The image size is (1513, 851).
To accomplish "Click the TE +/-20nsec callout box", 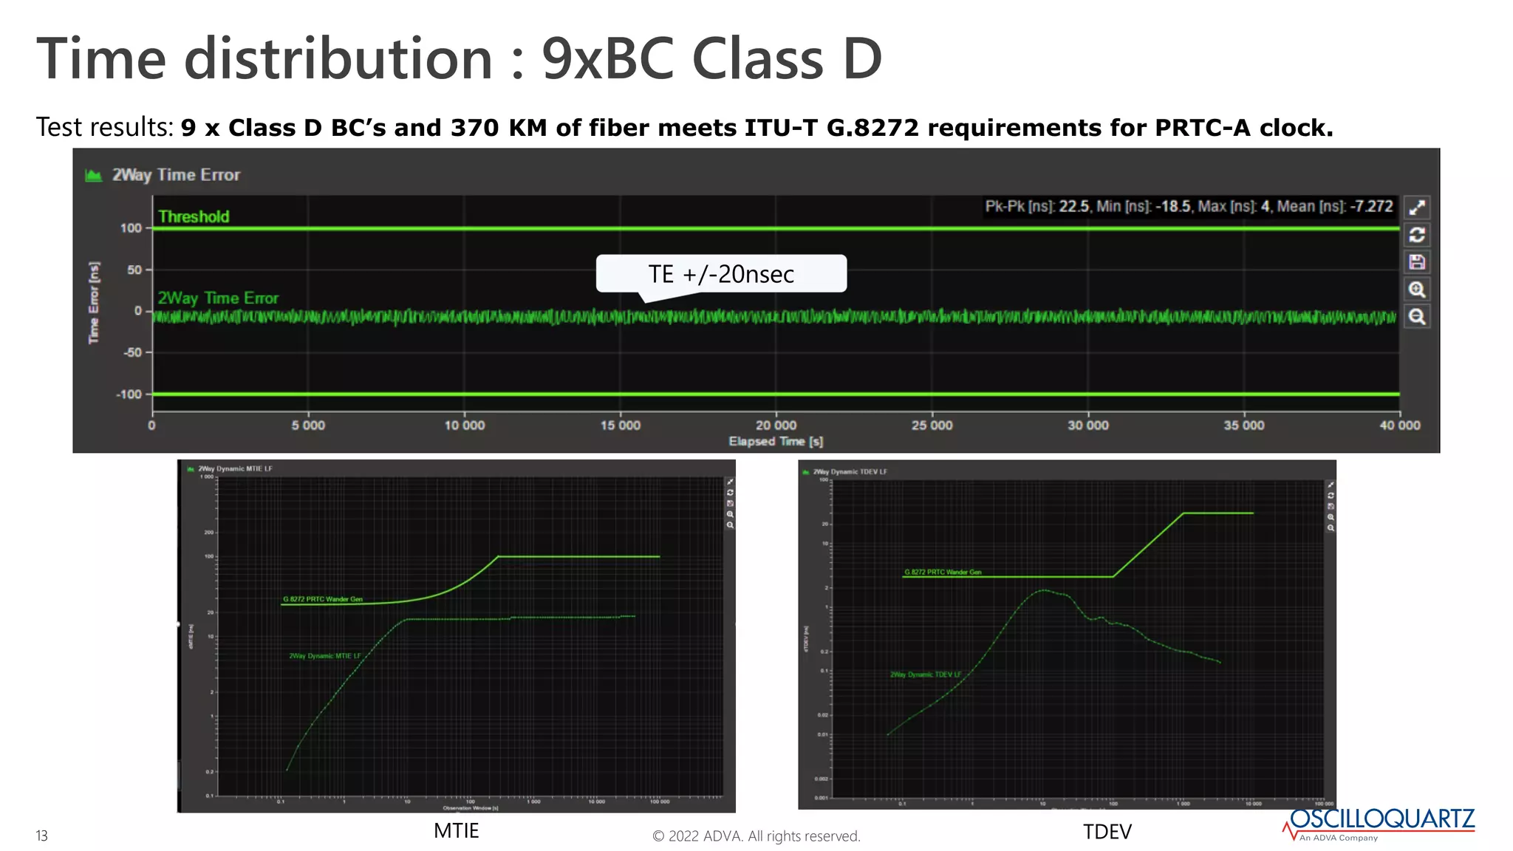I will (721, 274).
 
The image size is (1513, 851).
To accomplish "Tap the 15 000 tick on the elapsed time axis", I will (620, 425).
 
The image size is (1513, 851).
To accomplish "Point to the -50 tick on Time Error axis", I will (132, 352).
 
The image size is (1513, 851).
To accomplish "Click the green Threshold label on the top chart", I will (194, 216).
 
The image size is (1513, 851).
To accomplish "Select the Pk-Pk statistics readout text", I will (1188, 207).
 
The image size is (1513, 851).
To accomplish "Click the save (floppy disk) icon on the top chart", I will (1416, 262).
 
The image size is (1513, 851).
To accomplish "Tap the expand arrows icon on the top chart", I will (1416, 208).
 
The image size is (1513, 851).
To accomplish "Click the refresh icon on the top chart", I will (1416, 235).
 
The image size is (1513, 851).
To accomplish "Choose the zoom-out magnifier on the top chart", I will (1416, 317).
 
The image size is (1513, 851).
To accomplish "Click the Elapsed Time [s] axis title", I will (776, 442).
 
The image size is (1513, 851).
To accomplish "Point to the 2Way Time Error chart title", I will (176, 175).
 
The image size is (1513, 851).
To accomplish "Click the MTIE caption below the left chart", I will (456, 831).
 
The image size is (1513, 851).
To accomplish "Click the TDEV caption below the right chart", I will (1107, 833).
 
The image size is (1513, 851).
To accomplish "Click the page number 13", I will (42, 836).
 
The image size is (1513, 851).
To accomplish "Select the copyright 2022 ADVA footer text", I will (756, 836).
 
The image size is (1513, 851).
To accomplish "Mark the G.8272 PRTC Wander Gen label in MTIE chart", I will (323, 599).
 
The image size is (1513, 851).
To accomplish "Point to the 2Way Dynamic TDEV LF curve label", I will (926, 674).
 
